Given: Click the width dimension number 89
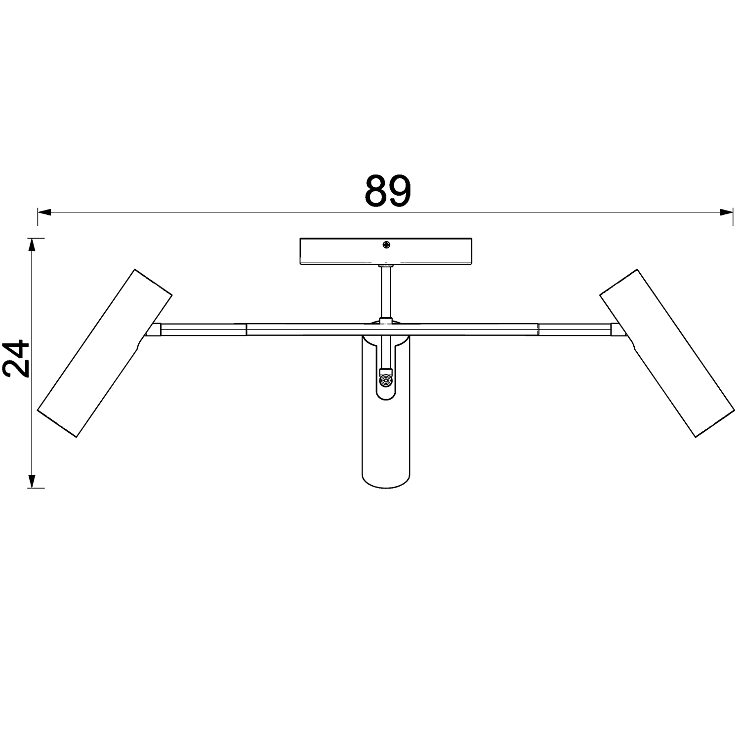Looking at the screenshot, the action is click(388, 191).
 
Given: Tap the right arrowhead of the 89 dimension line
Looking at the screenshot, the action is click(726, 213).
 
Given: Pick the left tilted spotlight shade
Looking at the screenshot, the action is click(105, 353).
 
